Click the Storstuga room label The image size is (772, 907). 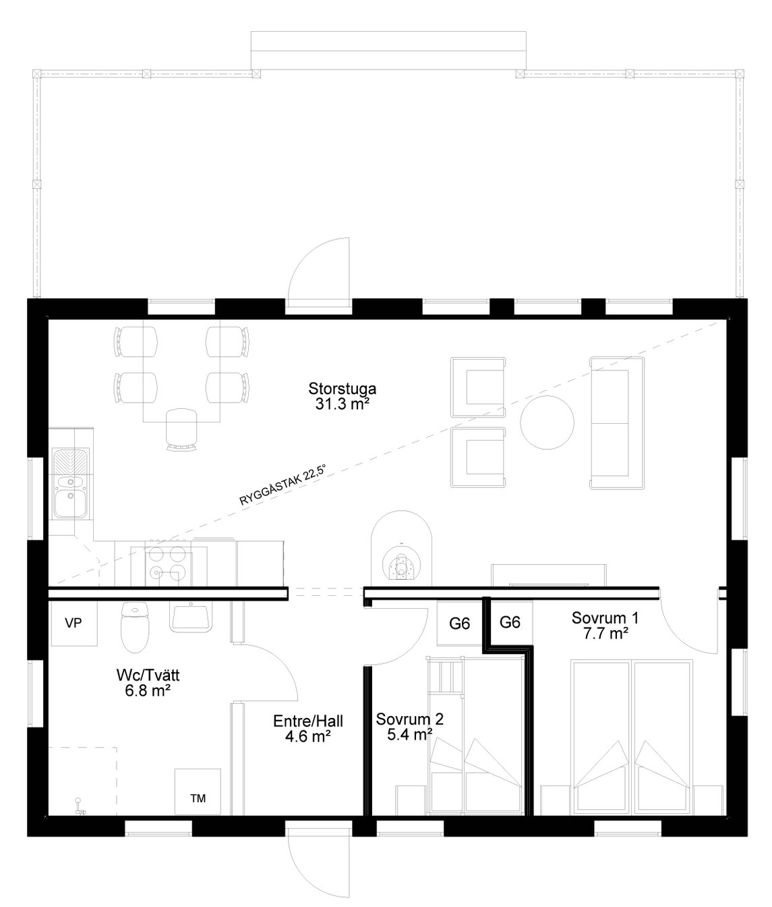342,389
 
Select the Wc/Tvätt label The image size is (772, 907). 148,675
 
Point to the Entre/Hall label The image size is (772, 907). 307,721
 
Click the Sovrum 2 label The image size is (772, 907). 409,719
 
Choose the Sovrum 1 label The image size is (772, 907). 605,618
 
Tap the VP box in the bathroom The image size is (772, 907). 73,624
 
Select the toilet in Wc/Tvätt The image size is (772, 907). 135,627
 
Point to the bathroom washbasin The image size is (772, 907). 191,617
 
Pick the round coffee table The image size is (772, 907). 547,422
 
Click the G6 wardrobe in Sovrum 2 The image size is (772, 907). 459,623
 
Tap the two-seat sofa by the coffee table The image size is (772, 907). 617,422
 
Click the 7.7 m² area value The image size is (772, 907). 606,634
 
